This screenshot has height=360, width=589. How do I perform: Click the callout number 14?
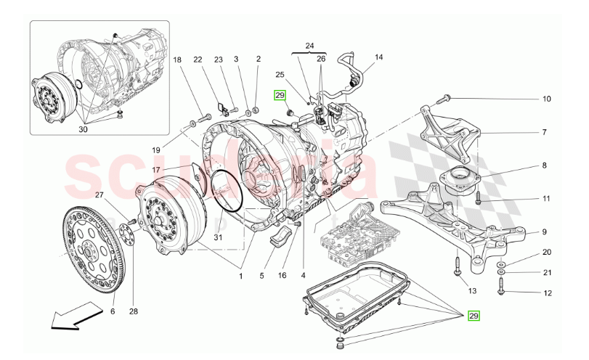tap(378, 57)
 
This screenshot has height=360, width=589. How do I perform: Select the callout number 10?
tap(546, 99)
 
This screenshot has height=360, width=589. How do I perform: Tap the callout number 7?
tap(543, 133)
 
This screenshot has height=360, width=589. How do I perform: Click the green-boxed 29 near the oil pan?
tap(474, 316)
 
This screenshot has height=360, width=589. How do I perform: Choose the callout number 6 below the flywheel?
tap(113, 311)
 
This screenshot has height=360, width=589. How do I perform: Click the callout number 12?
tap(547, 293)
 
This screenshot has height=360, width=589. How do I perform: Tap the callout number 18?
tap(177, 62)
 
